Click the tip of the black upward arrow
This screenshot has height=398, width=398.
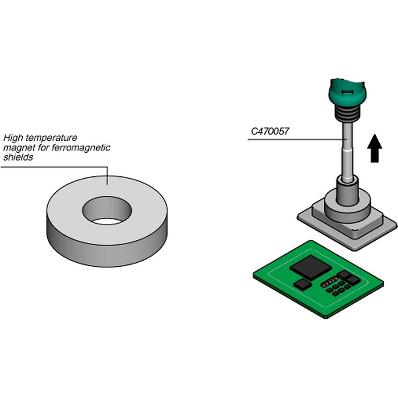[x=375, y=134]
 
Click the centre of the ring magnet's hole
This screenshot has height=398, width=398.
[x=107, y=211]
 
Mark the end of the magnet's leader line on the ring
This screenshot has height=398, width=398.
[x=107, y=185]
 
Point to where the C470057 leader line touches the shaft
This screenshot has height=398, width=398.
[x=347, y=139]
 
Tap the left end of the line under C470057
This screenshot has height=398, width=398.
[x=248, y=139]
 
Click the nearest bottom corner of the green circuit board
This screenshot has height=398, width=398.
[x=326, y=318]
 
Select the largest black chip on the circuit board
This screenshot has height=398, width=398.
[x=311, y=267]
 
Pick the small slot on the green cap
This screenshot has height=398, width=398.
[x=347, y=92]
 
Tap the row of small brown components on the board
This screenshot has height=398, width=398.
[x=329, y=282]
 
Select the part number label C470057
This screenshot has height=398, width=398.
[x=270, y=131]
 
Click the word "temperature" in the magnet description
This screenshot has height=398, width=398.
[x=51, y=138]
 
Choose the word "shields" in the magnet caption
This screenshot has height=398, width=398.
[x=18, y=157]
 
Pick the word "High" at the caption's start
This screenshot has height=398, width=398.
[x=13, y=138]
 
